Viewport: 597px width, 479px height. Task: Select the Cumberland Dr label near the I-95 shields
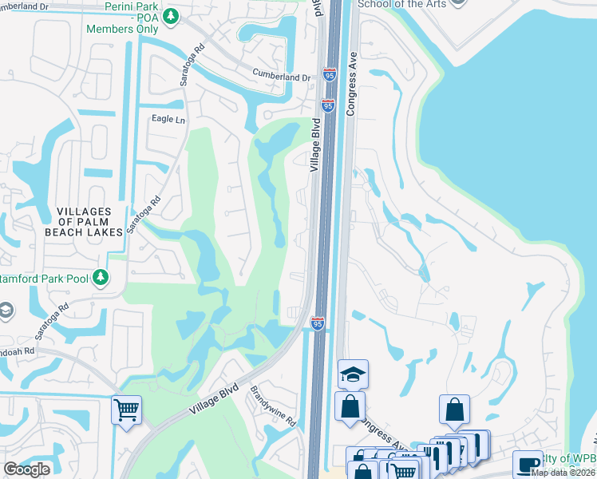point(281,77)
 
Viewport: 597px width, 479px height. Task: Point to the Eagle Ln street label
point(168,119)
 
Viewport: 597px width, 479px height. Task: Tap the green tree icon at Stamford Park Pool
point(100,278)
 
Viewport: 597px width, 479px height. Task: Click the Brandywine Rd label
point(274,406)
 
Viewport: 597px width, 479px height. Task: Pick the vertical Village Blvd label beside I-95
point(316,144)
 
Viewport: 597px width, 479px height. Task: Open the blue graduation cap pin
point(353,373)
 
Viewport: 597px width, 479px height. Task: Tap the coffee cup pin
point(527,464)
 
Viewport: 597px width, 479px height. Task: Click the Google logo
point(26,469)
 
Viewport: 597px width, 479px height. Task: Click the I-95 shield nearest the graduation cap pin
point(317,323)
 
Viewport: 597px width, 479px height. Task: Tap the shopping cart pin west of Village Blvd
point(126,410)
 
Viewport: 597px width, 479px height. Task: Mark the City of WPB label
point(570,458)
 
